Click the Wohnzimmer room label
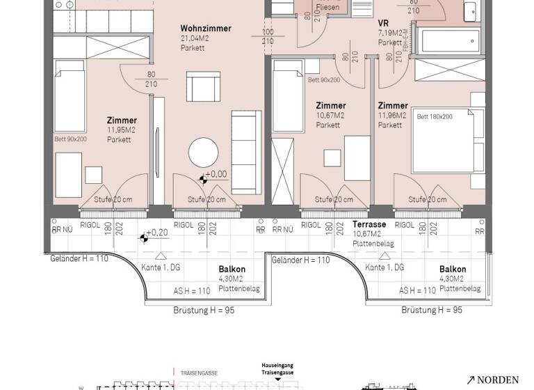click(206, 29)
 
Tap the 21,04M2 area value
click(195, 38)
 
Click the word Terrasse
click(369, 225)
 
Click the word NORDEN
click(499, 380)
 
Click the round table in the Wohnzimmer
click(204, 152)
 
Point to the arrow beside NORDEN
click(471, 380)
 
